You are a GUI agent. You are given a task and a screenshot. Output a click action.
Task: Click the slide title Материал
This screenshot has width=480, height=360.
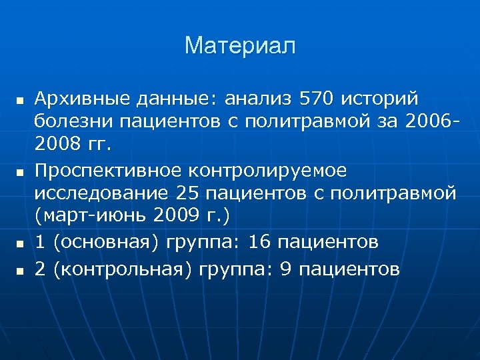[x=240, y=46]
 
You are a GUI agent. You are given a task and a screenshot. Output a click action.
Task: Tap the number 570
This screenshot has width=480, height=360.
[x=317, y=100]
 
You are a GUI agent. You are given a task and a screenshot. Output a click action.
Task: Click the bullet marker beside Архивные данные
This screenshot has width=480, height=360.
[x=19, y=101]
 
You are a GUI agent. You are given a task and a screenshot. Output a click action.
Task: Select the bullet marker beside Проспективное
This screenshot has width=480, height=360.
[x=19, y=173]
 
